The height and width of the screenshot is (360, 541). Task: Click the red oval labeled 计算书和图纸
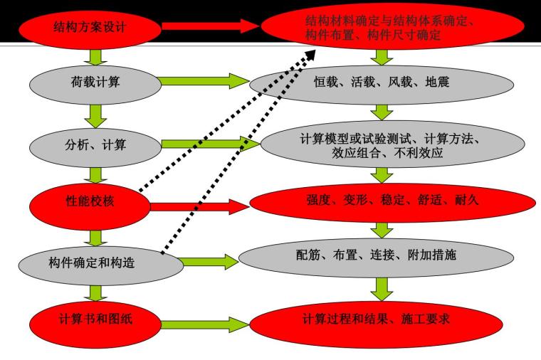point(90,318)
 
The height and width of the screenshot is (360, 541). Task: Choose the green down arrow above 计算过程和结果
point(383,288)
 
